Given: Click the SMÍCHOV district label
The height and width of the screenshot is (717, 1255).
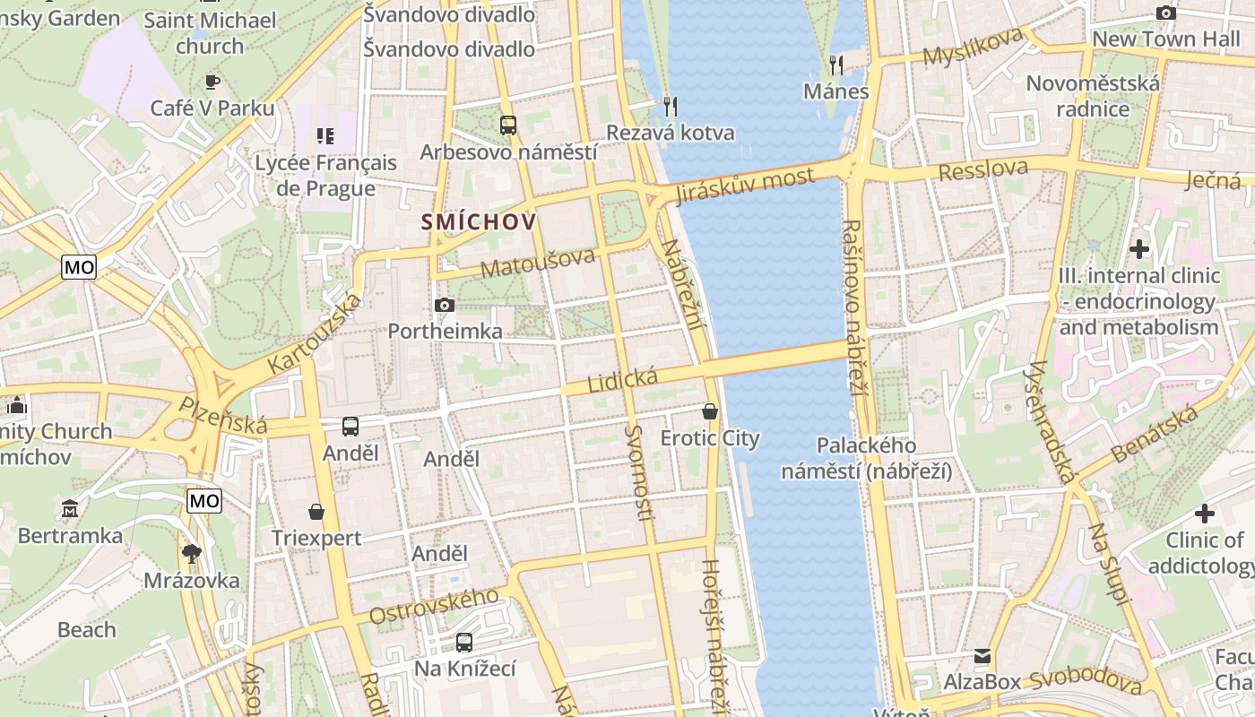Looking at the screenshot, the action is pos(479,222).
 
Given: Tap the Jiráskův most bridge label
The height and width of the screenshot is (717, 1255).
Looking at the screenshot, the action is pos(745,186).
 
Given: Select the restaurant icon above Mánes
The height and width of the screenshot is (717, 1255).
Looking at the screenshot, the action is pos(836,65).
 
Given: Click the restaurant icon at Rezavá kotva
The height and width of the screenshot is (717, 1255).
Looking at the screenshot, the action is pos(671,107).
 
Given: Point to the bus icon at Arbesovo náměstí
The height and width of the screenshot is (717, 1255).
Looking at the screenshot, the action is pos(508,125).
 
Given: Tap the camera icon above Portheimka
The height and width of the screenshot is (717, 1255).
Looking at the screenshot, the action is pos(445,306).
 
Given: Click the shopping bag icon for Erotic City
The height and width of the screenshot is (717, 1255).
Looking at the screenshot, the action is pos(710,411).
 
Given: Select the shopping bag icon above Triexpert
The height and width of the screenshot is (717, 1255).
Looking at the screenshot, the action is pos(316,512).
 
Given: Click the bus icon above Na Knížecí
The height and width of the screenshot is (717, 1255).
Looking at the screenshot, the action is pos(464,642).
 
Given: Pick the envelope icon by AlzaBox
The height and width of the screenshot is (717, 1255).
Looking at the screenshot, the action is pos(982,656).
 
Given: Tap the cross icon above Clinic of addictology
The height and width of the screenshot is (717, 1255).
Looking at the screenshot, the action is pos(1205,514).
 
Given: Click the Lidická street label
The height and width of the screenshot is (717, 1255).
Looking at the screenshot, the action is pos(622,380).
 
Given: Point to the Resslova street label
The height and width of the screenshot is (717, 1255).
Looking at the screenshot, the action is pos(983,169).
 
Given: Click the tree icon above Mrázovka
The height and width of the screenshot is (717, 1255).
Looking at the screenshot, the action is pos(191,553).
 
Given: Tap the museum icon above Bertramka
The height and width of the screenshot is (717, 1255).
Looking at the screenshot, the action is pos(70,509).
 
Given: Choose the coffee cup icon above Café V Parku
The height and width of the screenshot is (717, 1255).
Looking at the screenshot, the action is pos(212,82).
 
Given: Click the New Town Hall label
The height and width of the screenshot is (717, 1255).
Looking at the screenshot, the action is pos(1165,39).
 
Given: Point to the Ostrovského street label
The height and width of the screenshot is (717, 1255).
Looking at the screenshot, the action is pos(434,607).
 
